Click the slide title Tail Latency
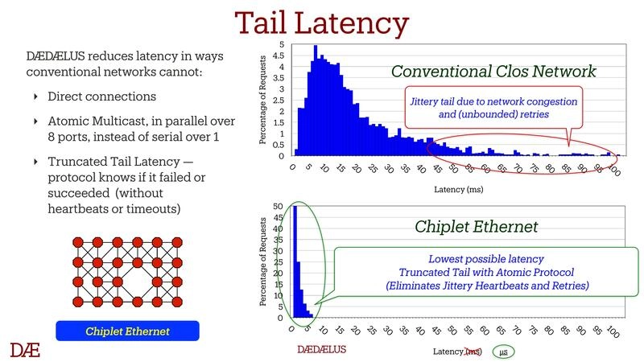321,24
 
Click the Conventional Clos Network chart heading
493,72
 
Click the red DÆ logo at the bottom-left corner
26,349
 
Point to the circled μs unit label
503,351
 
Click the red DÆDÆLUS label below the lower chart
322,351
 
